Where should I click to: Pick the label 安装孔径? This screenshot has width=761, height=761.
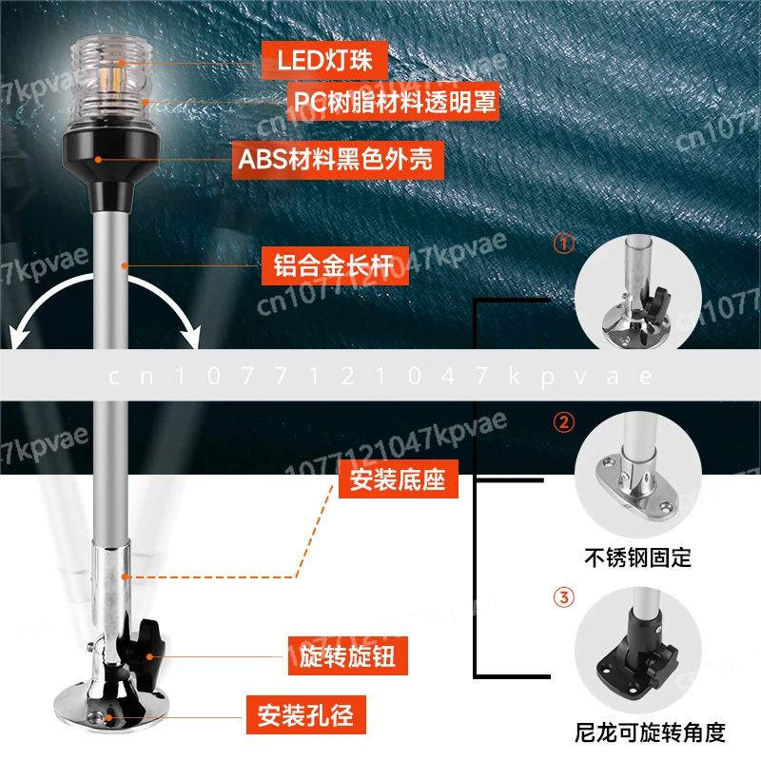pyautogui.click(x=306, y=713)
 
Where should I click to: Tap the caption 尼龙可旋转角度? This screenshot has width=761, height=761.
pyautogui.click(x=652, y=732)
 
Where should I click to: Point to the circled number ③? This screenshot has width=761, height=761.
pyautogui.click(x=564, y=598)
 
